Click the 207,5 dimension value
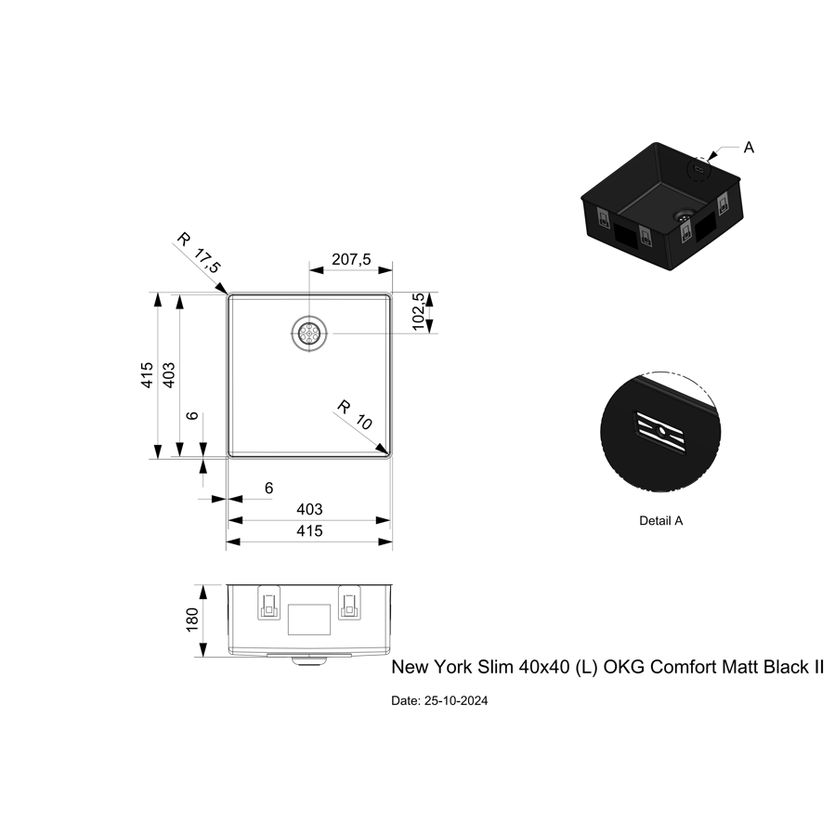pyautogui.click(x=351, y=261)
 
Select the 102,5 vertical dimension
pyautogui.click(x=419, y=311)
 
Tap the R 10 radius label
pyautogui.click(x=354, y=414)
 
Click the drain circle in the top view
pyautogui.click(x=309, y=333)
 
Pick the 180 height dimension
pyautogui.click(x=192, y=620)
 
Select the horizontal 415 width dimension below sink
pyautogui.click(x=309, y=531)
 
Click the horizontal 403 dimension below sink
pyautogui.click(x=309, y=509)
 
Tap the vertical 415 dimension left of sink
pyautogui.click(x=148, y=375)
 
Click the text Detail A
pyautogui.click(x=660, y=521)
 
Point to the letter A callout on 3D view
pyautogui.click(x=749, y=147)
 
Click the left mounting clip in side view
pyautogui.click(x=268, y=605)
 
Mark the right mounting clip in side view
pyautogui.click(x=349, y=605)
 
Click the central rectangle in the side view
pyautogui.click(x=309, y=619)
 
